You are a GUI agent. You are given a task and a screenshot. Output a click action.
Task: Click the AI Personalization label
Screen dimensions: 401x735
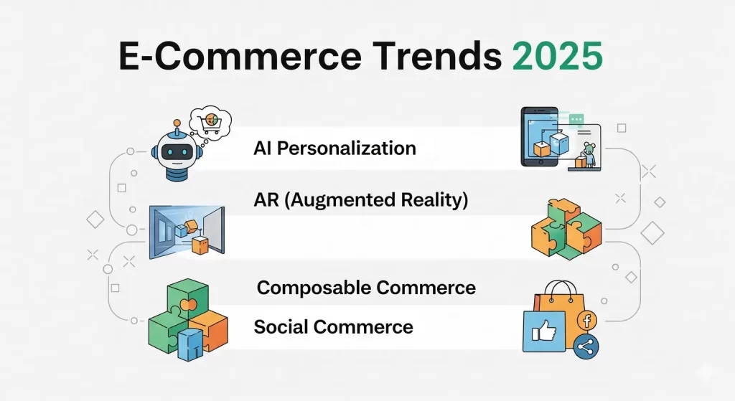pyautogui.click(x=334, y=148)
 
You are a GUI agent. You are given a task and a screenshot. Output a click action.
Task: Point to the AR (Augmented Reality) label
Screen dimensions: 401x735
pyautogui.click(x=360, y=200)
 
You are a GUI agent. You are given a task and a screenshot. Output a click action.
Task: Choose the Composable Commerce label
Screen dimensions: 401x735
pyautogui.click(x=366, y=288)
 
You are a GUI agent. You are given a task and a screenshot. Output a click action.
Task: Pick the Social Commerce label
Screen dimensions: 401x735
pyautogui.click(x=333, y=327)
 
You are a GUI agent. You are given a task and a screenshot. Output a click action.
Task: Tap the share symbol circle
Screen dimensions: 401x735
pyautogui.click(x=586, y=347)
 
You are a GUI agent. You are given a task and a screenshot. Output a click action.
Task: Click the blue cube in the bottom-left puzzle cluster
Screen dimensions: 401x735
pyautogui.click(x=190, y=343)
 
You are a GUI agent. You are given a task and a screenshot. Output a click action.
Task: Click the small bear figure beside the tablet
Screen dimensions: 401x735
pyautogui.click(x=589, y=154)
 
